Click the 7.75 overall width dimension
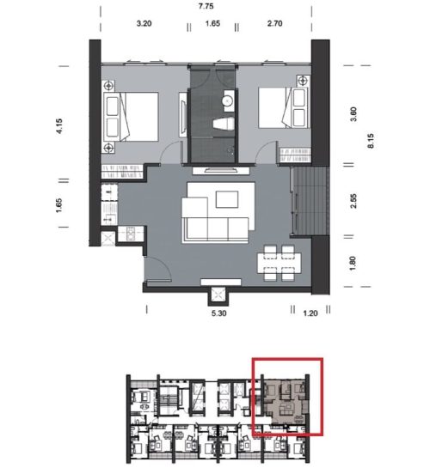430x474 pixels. coord(206,6)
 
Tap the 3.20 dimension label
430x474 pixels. coord(144,23)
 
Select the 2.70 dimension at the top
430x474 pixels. coord(274,23)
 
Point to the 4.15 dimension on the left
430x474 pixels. coord(59,125)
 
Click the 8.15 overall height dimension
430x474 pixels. coord(372,141)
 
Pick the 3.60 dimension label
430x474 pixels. coord(353,114)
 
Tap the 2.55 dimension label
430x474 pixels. coord(353,201)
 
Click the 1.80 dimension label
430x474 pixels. coord(353,264)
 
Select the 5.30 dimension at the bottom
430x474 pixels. coord(219,313)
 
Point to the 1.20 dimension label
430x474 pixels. coord(310,313)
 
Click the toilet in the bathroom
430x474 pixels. coord(224,125)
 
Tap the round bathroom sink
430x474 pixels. coord(227,100)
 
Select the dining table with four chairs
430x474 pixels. coord(279,263)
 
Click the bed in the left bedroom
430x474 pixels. coord(131,117)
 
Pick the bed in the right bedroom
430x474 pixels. coord(283,107)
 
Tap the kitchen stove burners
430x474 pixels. coord(131,234)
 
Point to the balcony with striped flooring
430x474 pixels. coord(310,201)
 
